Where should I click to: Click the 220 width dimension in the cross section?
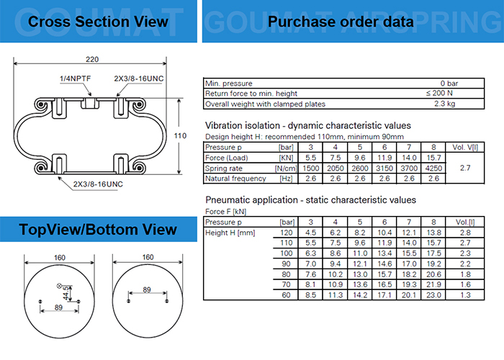pyautogui.click(x=92, y=60)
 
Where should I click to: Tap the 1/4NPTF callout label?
pyautogui.click(x=75, y=78)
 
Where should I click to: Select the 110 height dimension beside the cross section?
pyautogui.click(x=180, y=135)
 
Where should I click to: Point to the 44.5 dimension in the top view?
pyautogui.click(x=66, y=293)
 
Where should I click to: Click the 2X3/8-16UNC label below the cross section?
pyautogui.click(x=98, y=184)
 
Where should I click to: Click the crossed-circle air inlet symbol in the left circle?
pyautogui.click(x=59, y=285)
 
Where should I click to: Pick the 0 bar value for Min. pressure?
pyautogui.click(x=449, y=84)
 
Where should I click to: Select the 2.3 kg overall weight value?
pyautogui.click(x=444, y=104)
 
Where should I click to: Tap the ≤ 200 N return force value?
pyautogui.click(x=439, y=93)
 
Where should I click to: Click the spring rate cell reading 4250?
pyautogui.click(x=433, y=168)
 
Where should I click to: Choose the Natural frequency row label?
pyautogui.click(x=235, y=179)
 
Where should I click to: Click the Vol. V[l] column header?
pyautogui.click(x=465, y=147)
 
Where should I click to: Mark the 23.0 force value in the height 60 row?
pyautogui.click(x=433, y=295)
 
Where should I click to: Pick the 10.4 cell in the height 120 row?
pyautogui.click(x=384, y=233)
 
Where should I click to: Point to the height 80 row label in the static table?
pyautogui.click(x=286, y=274)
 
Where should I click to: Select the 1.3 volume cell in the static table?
pyautogui.click(x=465, y=295)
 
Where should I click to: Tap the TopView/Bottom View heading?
pyautogui.click(x=98, y=230)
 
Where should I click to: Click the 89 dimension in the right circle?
pyautogui.click(x=147, y=290)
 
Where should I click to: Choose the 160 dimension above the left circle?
pyautogui.click(x=60, y=258)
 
